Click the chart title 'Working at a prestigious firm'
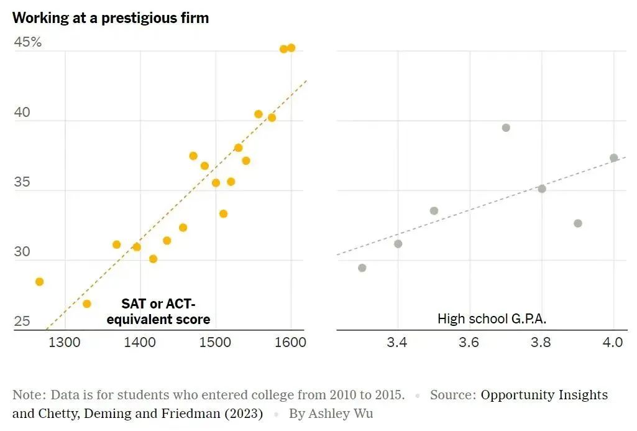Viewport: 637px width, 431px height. click(x=111, y=18)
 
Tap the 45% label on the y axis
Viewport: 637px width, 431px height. click(x=28, y=42)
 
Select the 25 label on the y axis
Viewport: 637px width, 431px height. click(x=22, y=322)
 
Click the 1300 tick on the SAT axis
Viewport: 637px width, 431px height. click(x=64, y=342)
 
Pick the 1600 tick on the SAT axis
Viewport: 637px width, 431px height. click(x=290, y=342)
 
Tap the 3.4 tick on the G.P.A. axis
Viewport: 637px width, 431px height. click(x=396, y=342)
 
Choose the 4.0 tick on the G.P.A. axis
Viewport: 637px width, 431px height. click(x=613, y=342)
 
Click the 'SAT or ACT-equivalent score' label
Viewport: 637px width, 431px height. click(x=158, y=312)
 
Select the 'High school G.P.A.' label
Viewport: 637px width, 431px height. click(x=492, y=319)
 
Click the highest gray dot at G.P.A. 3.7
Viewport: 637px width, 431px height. click(x=506, y=127)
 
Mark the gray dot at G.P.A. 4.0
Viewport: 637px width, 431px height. click(x=614, y=157)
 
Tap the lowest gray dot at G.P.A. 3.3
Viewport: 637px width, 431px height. click(x=362, y=268)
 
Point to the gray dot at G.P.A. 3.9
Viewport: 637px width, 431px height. click(x=578, y=223)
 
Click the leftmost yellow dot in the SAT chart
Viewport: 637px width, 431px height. click(x=40, y=282)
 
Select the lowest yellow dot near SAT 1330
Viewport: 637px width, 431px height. click(x=87, y=304)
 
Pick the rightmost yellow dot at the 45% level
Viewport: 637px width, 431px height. click(x=291, y=48)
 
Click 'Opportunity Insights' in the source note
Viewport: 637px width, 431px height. click(x=544, y=395)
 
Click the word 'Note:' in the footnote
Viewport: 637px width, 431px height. click(x=29, y=395)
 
